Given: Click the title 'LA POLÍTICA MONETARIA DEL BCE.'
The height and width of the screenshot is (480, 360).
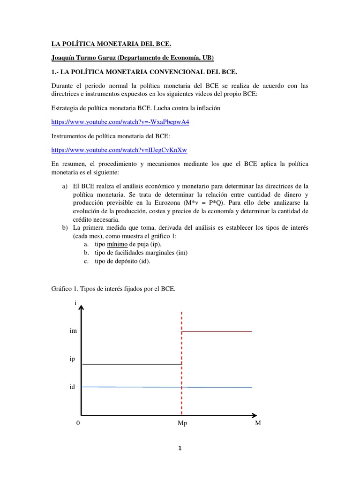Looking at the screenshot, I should [111, 45].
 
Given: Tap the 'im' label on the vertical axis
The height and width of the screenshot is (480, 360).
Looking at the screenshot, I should [73, 331].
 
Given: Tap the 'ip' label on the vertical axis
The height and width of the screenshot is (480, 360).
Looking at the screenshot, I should [73, 359].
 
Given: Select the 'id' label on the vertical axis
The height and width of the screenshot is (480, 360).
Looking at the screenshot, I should [73, 387].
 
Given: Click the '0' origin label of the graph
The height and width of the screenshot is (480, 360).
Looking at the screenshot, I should [78, 423].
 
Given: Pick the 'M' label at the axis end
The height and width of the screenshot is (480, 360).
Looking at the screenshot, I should [257, 423].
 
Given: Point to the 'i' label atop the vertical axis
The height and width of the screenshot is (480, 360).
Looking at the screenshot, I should [75, 303].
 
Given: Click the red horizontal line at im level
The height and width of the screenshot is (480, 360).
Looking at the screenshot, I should [217, 332].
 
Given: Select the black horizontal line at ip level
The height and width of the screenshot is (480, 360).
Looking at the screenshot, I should [131, 364].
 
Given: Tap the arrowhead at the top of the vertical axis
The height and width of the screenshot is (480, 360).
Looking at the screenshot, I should [82, 308].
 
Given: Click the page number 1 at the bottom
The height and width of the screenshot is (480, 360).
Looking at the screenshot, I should [180, 448].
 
